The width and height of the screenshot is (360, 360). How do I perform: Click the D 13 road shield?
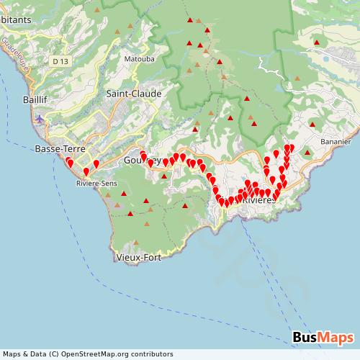[60, 63]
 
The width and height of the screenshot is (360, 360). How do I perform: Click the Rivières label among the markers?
[260, 200]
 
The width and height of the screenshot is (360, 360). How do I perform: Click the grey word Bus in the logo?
[306, 338]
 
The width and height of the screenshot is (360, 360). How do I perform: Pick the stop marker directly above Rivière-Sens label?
[86, 172]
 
